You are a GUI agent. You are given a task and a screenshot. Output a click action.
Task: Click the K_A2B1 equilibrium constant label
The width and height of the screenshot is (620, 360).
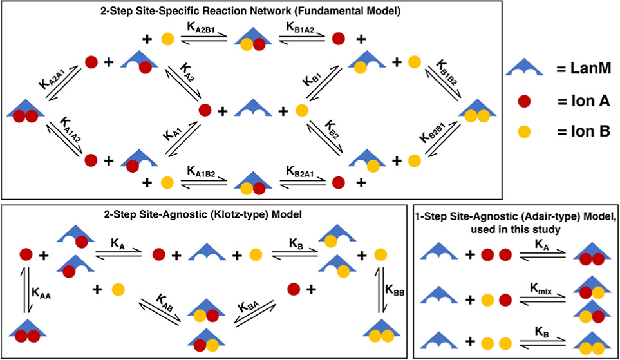pos(202,27)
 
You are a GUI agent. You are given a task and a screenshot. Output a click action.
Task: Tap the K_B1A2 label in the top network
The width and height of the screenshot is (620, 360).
pos(300,27)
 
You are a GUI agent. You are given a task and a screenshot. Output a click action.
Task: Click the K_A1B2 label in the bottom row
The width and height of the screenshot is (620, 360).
pos(202,171)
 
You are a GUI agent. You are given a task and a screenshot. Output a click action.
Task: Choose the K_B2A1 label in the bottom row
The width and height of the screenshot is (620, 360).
pos(300,171)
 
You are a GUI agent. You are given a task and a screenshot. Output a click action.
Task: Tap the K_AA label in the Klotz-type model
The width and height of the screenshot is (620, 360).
pos(41,294)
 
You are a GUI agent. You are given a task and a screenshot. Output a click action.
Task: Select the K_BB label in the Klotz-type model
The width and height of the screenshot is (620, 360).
pos(395,291)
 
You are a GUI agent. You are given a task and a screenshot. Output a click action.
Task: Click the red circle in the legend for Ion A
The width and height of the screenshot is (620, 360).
pos(524,102)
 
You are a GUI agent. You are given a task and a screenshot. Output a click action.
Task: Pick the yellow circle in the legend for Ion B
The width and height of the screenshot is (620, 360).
pos(524,131)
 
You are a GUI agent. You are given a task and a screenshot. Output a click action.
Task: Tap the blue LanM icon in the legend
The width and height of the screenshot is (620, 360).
pos(525,68)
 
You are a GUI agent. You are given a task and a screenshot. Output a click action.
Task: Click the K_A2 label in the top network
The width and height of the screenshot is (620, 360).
pos(187,72)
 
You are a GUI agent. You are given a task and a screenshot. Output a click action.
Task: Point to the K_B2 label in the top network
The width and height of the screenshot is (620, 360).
pos(332,129)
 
